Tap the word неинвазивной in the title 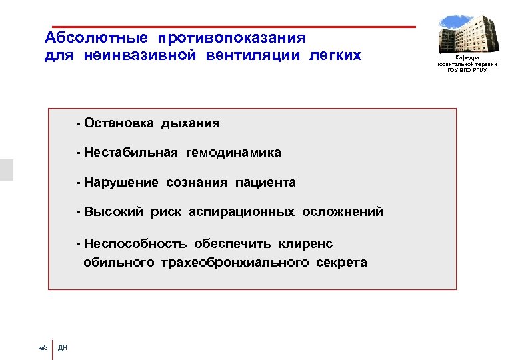(x=140, y=55)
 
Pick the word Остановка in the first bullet (x=115, y=123)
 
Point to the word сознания (x=197, y=183)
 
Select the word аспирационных (x=241, y=212)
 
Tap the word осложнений (x=343, y=212)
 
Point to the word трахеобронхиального (x=234, y=262)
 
